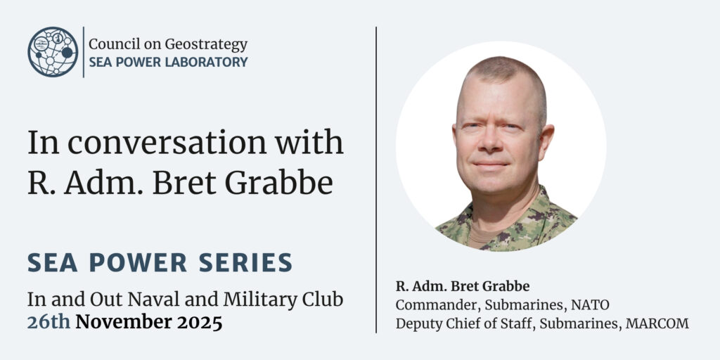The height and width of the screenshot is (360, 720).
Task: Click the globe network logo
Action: (x=53, y=51)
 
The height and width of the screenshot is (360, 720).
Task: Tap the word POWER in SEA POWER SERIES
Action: (x=138, y=262)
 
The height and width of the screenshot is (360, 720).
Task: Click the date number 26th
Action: (x=49, y=322)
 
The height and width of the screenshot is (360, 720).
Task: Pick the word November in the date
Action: (x=122, y=322)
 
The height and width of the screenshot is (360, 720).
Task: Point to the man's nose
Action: (x=491, y=143)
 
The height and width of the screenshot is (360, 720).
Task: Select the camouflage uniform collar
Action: (x=505, y=220)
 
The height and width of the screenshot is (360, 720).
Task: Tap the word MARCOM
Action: (x=657, y=323)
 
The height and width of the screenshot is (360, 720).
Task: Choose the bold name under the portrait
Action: (x=463, y=286)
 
